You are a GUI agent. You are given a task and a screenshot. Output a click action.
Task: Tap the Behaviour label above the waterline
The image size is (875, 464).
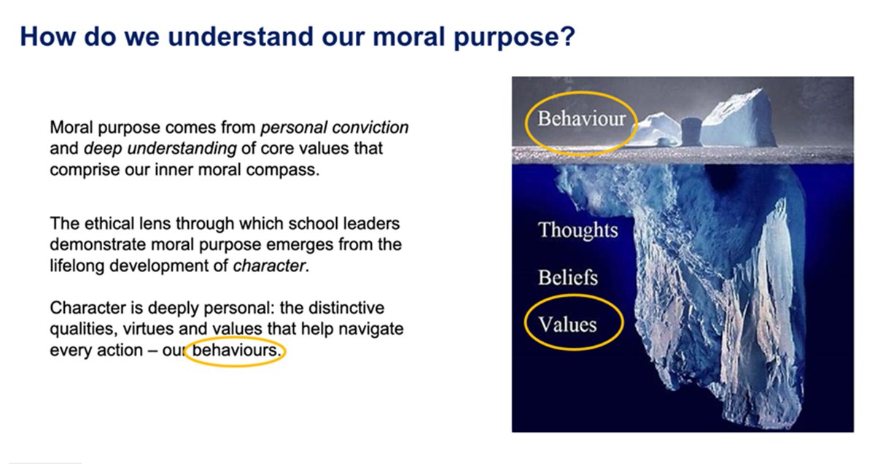pos(581,118)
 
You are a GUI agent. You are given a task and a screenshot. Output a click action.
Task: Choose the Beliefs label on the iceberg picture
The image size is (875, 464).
pos(568,278)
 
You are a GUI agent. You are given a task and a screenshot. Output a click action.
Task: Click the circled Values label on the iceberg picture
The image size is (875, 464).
pos(567,323)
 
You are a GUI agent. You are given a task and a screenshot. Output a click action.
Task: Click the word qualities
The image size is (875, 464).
pos(79,329)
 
